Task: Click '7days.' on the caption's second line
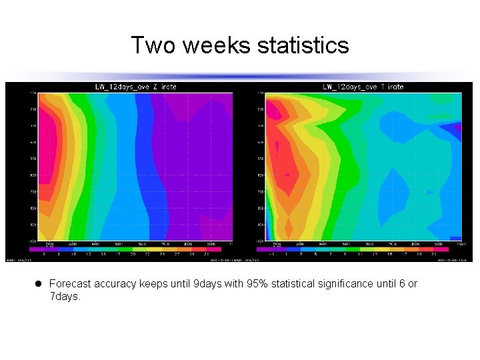65,297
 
